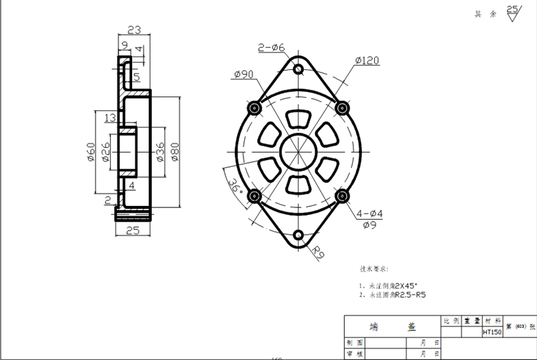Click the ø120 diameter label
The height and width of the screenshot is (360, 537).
tap(367, 61)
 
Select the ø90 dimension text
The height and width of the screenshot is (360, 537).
tap(244, 74)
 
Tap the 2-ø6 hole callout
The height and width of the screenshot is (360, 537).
tap(271, 47)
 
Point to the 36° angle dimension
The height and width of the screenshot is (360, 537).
tap(235, 186)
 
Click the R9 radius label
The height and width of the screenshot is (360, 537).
tap(319, 253)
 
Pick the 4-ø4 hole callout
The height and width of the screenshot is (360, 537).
tap(369, 214)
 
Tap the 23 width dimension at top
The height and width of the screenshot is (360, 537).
tap(134, 29)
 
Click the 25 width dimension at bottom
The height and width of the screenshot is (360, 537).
tap(133, 231)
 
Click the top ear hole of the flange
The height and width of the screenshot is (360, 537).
tap(298, 69)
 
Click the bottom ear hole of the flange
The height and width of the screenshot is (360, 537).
tap(299, 236)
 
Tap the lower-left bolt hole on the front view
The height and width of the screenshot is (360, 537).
tap(255, 197)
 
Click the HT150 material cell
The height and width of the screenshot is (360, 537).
tap(492, 332)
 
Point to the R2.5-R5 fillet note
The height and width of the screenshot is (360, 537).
tap(410, 295)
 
